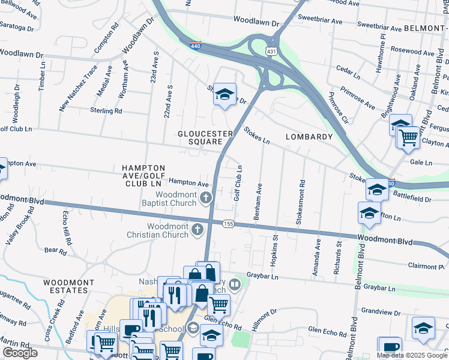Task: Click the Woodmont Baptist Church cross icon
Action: click(206, 198)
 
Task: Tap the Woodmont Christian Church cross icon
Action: click(197, 229)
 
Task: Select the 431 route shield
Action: click(272, 53)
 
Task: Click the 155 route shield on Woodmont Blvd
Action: click(229, 223)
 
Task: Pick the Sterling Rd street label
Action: click(106, 111)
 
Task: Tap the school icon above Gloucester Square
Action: click(224, 95)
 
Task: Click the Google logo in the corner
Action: click(20, 353)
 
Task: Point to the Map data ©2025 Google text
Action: click(411, 355)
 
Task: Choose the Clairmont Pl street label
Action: click(423, 266)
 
